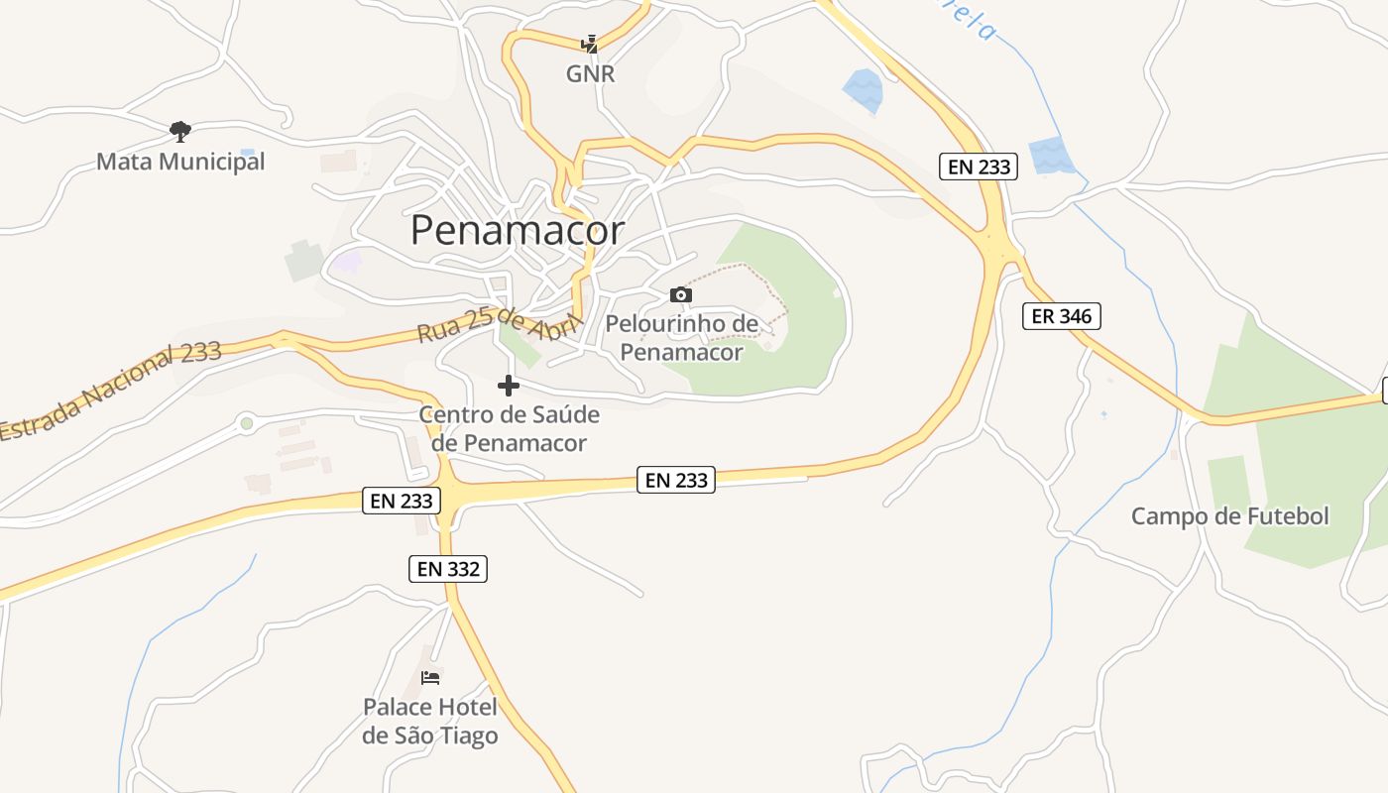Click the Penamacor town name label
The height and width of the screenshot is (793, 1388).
(517, 230)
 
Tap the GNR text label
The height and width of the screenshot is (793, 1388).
(590, 73)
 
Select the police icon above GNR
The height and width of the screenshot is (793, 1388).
(590, 44)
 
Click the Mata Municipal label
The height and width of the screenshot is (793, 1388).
(180, 161)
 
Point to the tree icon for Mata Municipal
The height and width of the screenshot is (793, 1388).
(179, 130)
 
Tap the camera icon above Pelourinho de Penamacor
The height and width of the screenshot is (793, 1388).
(680, 294)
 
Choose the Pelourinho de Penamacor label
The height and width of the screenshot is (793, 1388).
(681, 338)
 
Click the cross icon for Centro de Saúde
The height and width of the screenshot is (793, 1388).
(509, 385)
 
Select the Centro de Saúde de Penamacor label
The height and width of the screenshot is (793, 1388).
(510, 428)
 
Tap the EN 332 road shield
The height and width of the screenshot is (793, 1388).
(448, 569)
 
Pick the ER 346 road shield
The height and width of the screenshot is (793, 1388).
(1061, 316)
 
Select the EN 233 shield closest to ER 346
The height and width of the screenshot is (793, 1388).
(979, 167)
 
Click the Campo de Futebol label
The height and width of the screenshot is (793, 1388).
(1229, 516)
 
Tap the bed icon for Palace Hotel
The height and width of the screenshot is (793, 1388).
(430, 678)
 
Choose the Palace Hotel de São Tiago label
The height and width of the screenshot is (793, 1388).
(430, 722)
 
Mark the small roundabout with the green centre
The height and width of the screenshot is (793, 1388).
(247, 423)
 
